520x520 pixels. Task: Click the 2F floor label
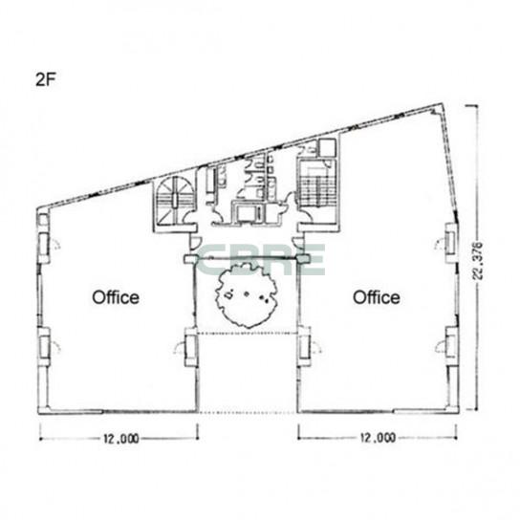tap(46, 79)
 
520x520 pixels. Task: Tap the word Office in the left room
tap(116, 297)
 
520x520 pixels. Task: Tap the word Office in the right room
tap(376, 297)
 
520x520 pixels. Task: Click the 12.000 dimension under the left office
tap(121, 439)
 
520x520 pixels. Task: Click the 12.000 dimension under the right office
tap(379, 438)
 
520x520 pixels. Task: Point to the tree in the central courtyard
tap(246, 294)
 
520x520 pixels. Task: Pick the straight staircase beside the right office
tap(316, 187)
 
